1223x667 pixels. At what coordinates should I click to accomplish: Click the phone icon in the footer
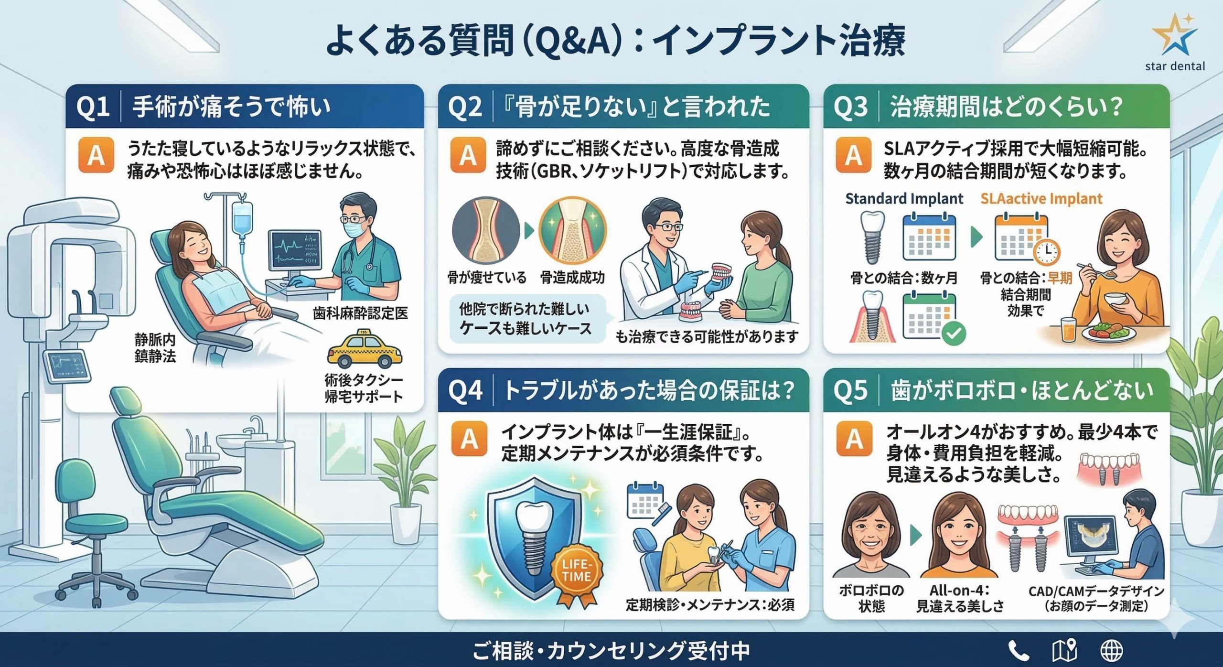tap(1019, 650)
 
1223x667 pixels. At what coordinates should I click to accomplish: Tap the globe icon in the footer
tap(1111, 650)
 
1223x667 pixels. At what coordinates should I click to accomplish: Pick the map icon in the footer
tap(1064, 650)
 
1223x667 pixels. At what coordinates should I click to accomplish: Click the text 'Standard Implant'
tap(904, 198)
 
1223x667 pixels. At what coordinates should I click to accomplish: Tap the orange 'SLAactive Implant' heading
tap(1041, 198)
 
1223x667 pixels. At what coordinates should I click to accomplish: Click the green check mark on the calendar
tap(954, 333)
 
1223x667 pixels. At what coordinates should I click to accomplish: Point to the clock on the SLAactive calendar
tap(1047, 251)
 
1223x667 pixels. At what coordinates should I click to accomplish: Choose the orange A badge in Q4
tap(469, 439)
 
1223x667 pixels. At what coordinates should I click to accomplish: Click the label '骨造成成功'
tap(572, 277)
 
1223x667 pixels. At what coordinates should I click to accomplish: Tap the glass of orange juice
tap(1069, 330)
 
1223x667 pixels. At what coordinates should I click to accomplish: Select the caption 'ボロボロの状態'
tap(871, 598)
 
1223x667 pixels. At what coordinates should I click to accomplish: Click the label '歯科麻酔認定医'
tap(361, 313)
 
